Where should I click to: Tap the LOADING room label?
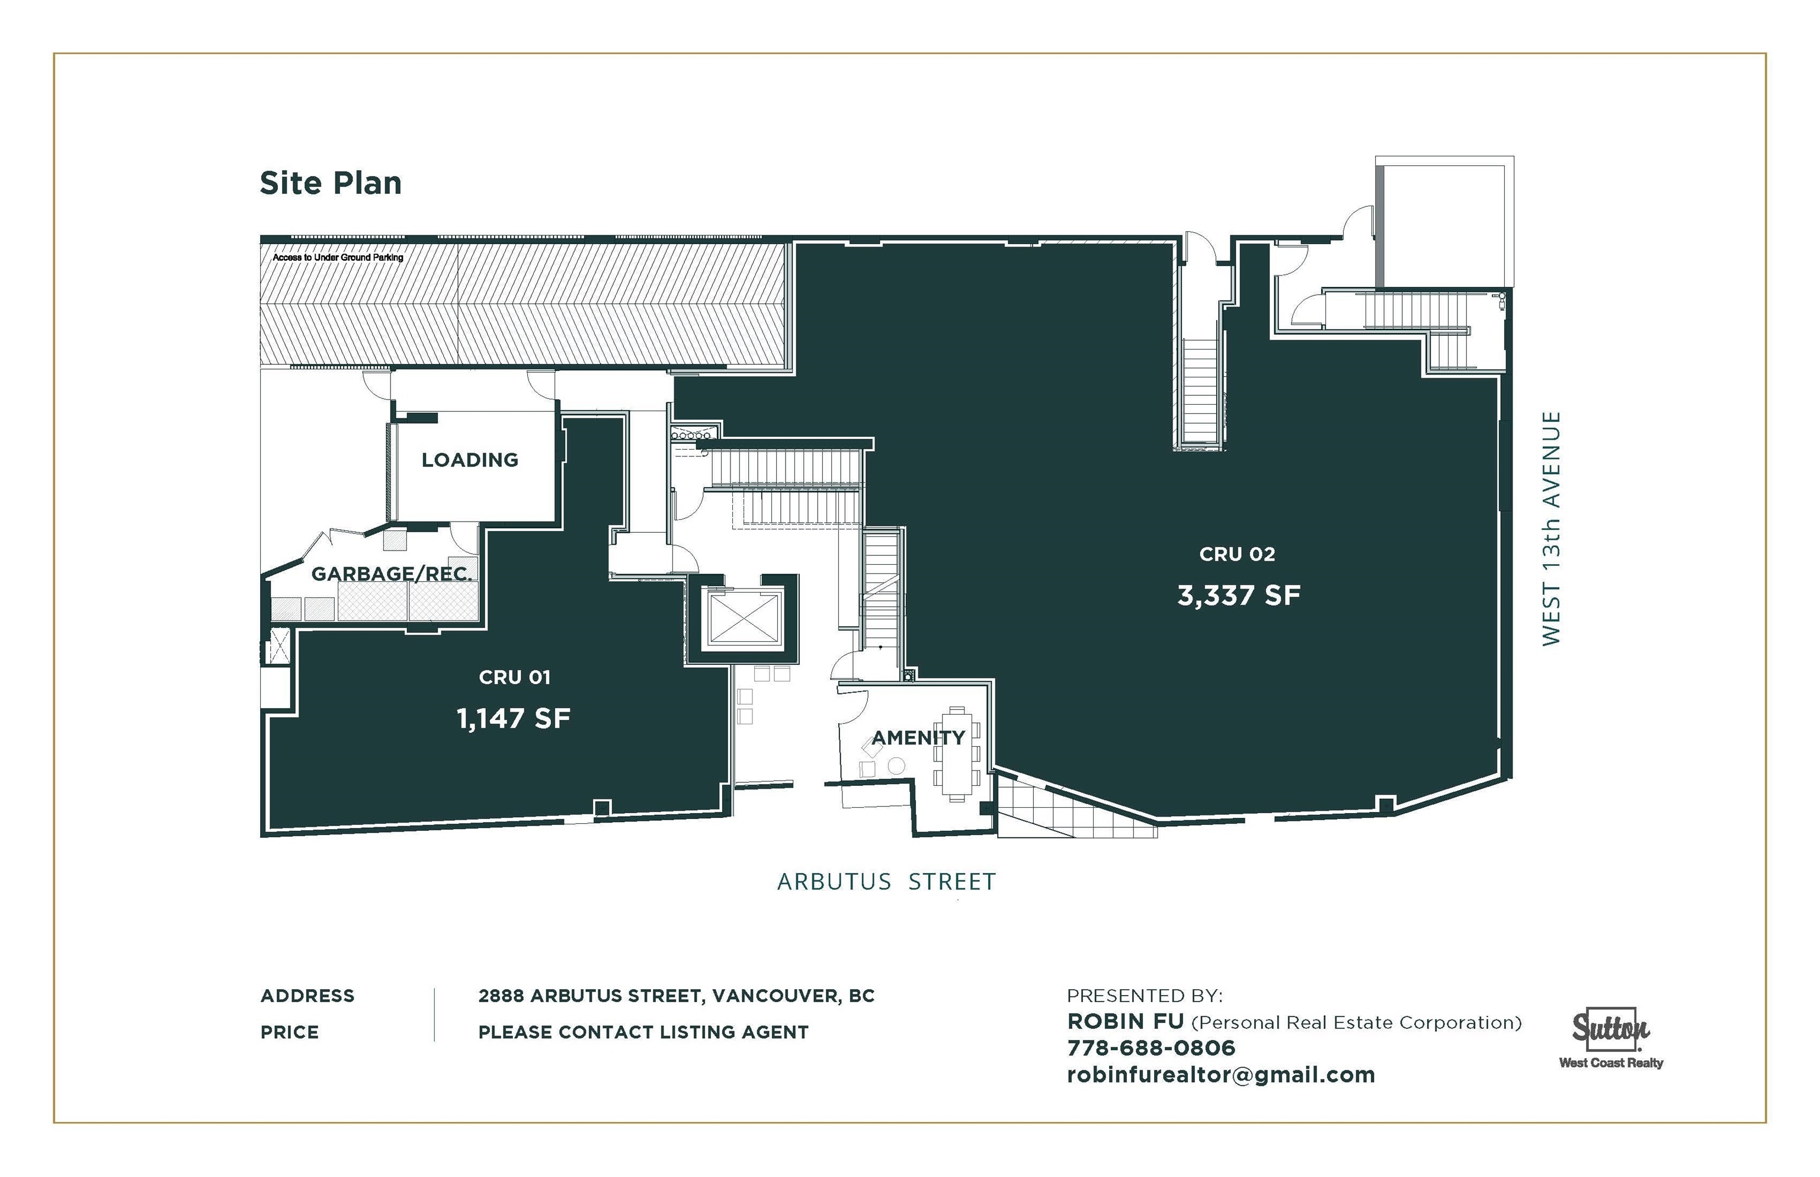tap(470, 459)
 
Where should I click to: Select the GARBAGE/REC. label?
tap(391, 573)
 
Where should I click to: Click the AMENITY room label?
tap(918, 737)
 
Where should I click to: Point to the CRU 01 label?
tap(514, 677)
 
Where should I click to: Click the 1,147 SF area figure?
tap(514, 718)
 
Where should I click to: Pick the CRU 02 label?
tap(1237, 554)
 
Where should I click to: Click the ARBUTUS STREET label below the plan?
tap(886, 882)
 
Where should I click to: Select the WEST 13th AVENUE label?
tap(1551, 528)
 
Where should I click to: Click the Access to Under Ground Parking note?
tap(338, 258)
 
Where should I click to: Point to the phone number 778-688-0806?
tap(1151, 1047)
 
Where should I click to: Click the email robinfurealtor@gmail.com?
tap(1221, 1074)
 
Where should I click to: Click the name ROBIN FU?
tap(1126, 1021)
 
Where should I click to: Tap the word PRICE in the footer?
tap(290, 1032)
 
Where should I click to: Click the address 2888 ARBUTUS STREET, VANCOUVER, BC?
tap(676, 996)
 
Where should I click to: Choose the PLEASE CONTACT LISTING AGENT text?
tap(643, 1032)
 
